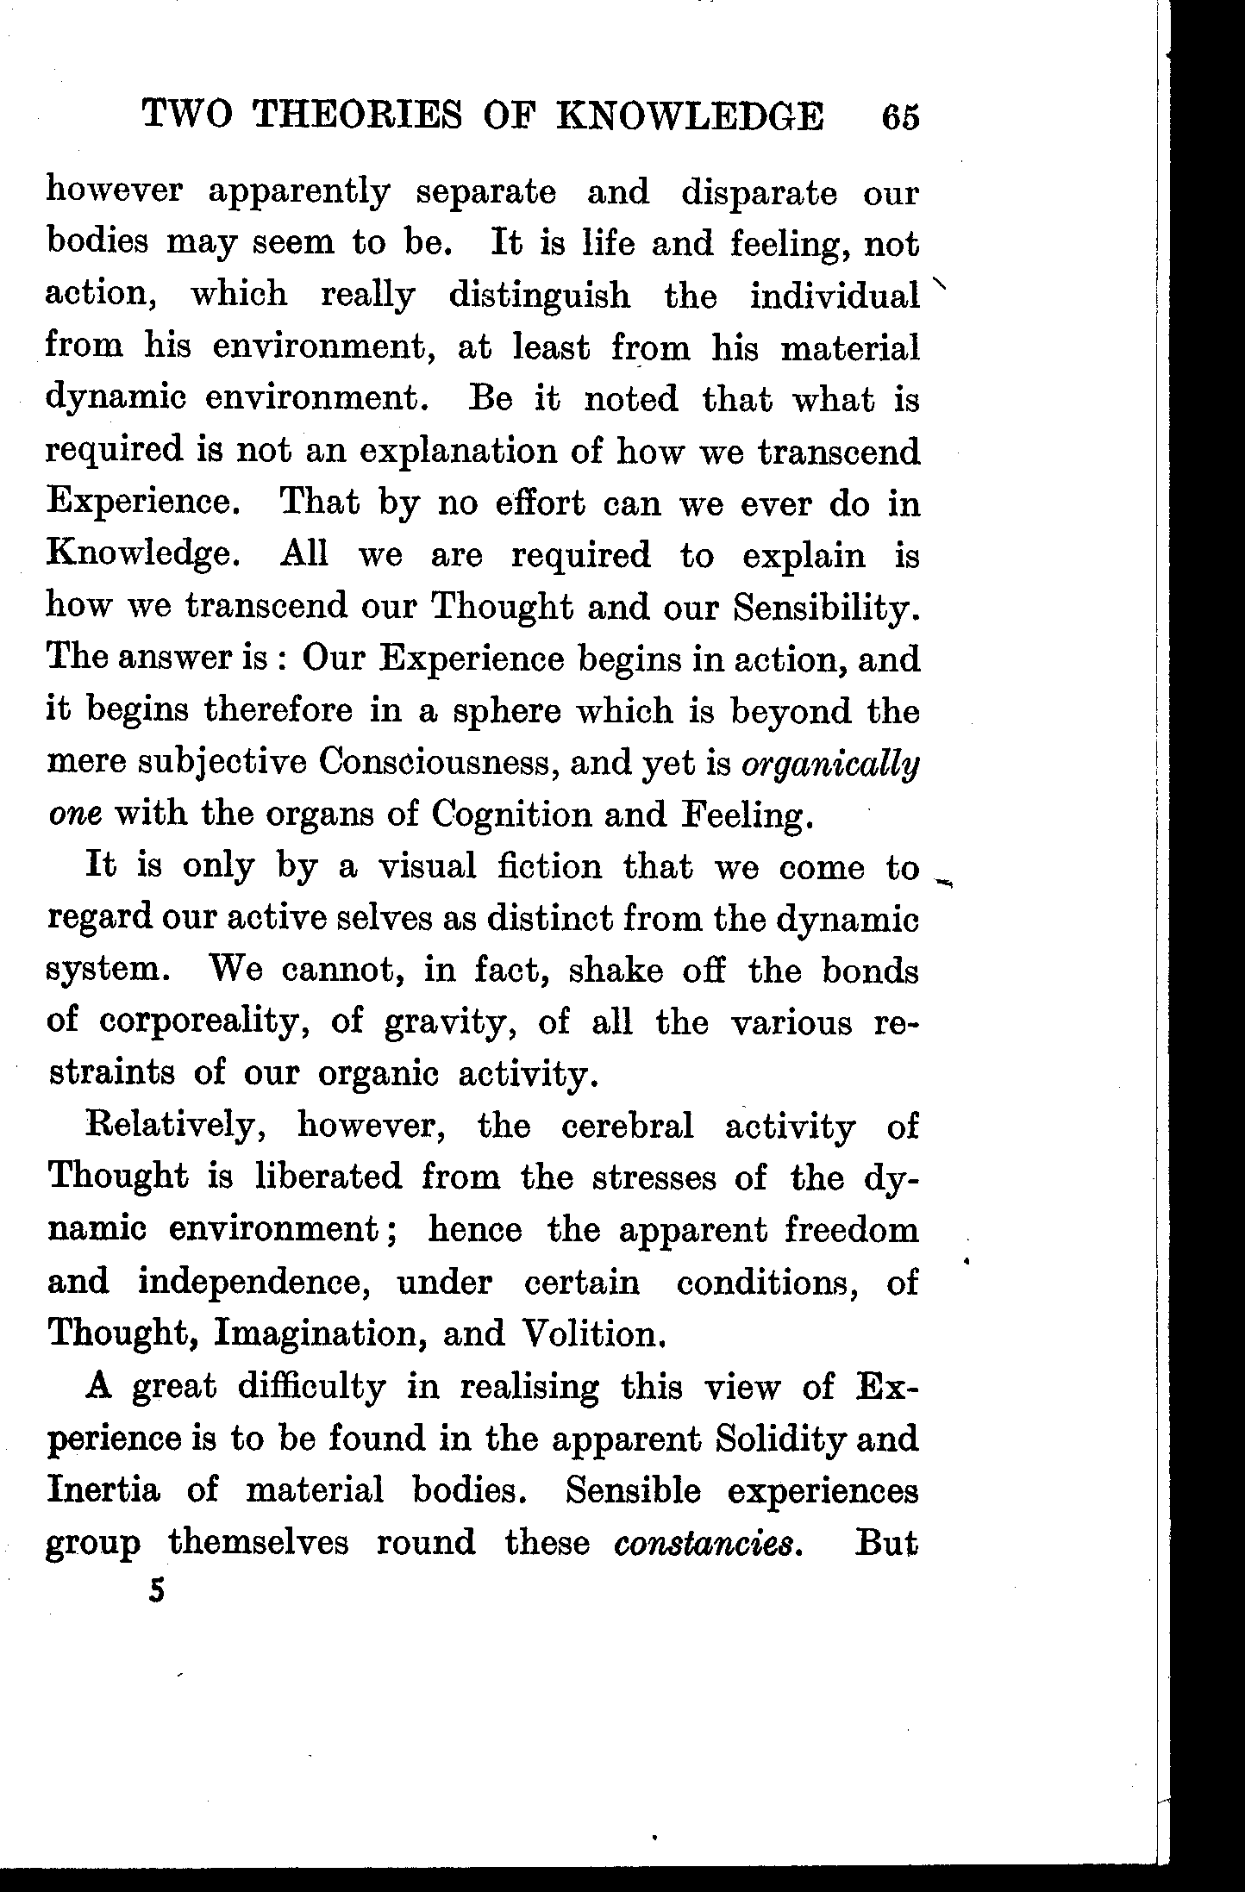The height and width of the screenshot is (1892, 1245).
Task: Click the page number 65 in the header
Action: (x=901, y=117)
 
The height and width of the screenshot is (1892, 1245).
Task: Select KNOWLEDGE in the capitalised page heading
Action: (x=690, y=116)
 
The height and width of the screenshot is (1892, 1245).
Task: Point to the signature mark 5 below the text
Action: (x=156, y=1590)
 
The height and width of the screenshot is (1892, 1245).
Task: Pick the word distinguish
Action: (x=539, y=297)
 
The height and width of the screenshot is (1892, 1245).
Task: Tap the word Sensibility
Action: (x=826, y=608)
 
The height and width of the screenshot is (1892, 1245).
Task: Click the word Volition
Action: (x=595, y=1334)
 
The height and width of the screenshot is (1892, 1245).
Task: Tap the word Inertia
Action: (x=103, y=1490)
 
